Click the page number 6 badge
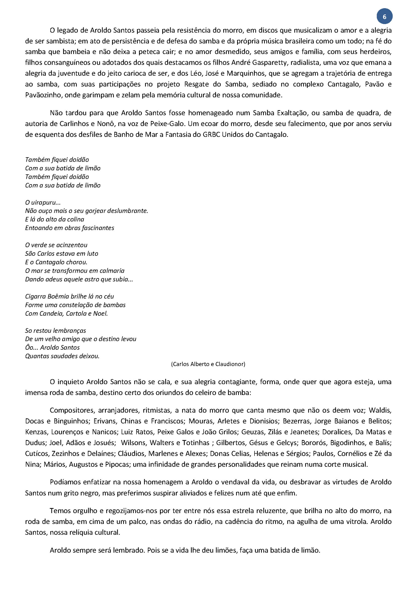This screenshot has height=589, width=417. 384,17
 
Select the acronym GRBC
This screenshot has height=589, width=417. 211,134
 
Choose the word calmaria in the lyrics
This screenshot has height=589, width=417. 112,271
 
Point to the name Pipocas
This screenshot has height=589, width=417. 118,464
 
